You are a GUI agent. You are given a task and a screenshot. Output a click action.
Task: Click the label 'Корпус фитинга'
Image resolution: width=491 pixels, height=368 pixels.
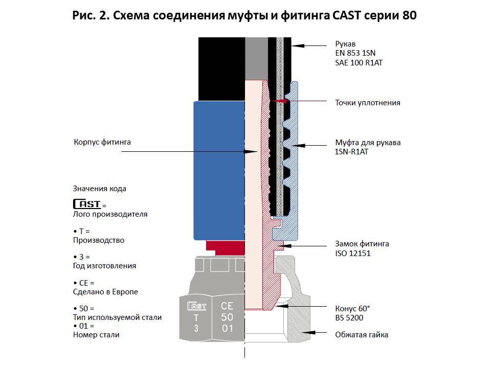point(102,142)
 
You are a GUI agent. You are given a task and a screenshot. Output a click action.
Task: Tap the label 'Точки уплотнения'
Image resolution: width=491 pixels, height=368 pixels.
point(367,103)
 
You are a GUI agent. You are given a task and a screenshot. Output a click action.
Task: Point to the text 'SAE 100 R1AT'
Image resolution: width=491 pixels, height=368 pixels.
point(359,62)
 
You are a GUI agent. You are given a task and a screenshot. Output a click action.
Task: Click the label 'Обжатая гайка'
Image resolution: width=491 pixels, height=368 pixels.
point(361,335)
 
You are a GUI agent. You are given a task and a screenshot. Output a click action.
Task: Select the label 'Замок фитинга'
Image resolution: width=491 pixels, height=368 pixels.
point(362,244)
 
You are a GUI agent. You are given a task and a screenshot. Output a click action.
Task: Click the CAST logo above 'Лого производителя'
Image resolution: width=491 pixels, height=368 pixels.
point(87,204)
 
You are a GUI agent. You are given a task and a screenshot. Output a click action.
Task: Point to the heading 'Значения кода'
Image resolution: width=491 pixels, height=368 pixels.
point(100,189)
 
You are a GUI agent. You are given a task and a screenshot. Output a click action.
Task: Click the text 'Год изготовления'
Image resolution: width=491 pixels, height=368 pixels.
point(105,266)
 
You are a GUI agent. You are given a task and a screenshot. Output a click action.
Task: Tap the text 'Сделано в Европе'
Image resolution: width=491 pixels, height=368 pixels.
point(106,292)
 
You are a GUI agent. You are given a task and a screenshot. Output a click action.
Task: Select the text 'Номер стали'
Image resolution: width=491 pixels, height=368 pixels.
point(97,335)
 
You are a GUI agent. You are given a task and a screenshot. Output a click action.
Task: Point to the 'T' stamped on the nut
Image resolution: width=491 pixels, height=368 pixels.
point(196,317)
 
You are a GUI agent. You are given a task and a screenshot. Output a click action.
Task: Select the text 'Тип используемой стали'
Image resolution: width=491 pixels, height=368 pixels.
point(118,317)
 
